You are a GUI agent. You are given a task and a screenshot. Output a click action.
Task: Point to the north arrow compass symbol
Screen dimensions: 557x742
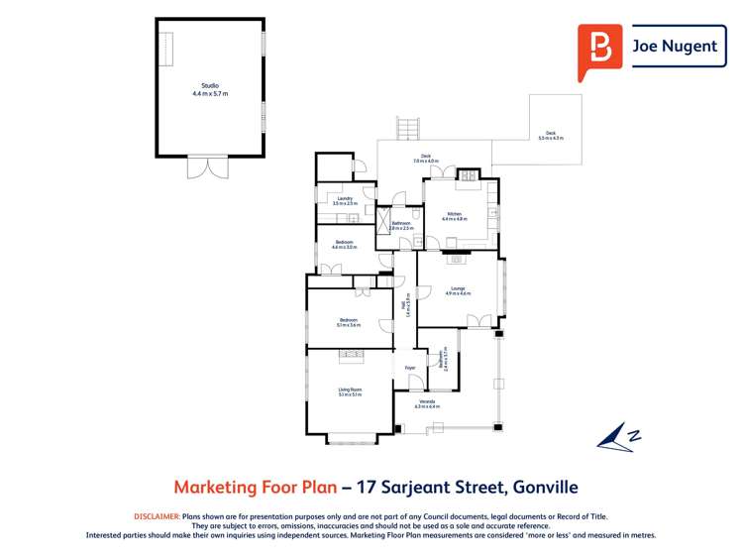(618, 435)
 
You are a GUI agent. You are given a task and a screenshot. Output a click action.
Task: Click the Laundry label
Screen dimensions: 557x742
(344, 200)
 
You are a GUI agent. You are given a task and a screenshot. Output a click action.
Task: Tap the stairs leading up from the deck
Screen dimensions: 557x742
(405, 128)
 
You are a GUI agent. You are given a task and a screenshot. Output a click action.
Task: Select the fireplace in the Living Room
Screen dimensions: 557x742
(351, 352)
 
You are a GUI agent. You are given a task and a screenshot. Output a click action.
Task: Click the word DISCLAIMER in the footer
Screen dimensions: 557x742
(157, 516)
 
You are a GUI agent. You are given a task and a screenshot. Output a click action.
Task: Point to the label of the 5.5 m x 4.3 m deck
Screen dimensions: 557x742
(550, 136)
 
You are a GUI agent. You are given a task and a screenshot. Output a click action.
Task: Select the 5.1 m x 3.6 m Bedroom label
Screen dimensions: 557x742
(349, 321)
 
